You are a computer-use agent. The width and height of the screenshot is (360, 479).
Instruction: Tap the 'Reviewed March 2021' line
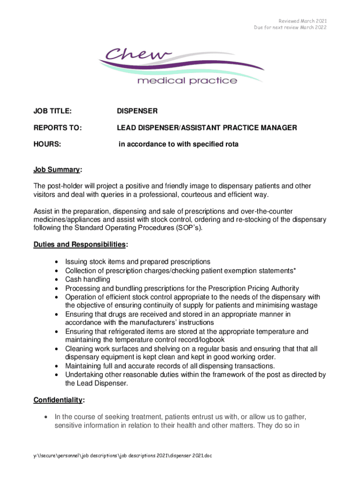(303, 21)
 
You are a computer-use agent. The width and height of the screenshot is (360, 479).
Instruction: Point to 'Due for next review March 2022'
(290, 28)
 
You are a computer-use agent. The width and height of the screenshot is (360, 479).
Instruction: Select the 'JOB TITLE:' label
(52, 111)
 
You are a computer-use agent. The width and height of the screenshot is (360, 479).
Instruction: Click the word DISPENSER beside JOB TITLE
(137, 111)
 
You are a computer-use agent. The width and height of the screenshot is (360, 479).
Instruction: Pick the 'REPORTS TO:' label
(55, 128)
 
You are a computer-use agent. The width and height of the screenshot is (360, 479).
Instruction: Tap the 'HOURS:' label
(47, 145)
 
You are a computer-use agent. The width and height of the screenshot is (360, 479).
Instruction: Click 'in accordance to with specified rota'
(179, 145)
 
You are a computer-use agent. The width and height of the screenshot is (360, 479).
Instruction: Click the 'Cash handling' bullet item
(87, 279)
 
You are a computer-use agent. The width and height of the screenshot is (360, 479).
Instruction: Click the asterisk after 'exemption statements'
(295, 270)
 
